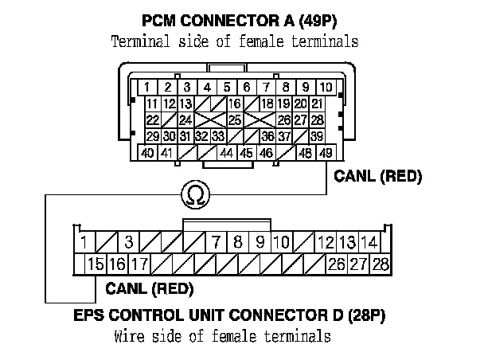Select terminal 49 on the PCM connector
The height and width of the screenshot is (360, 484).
pyautogui.click(x=326, y=152)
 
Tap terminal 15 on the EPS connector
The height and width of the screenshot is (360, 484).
pyautogui.click(x=96, y=264)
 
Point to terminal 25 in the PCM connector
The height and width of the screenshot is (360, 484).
pyautogui.click(x=236, y=119)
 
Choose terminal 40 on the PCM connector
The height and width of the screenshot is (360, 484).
pyautogui.click(x=148, y=152)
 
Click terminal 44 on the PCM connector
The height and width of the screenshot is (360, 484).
pyautogui.click(x=227, y=152)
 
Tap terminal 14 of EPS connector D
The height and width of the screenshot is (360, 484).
pyautogui.click(x=368, y=241)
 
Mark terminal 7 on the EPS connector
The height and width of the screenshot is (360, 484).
pyautogui.click(x=216, y=241)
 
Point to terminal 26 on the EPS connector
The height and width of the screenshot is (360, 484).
pyautogui.click(x=337, y=264)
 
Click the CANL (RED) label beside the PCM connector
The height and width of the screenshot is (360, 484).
pyautogui.click(x=379, y=175)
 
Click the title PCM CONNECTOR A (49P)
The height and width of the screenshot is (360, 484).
pyautogui.click(x=236, y=18)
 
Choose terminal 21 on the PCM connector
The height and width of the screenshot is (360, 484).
pyautogui.click(x=317, y=104)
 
